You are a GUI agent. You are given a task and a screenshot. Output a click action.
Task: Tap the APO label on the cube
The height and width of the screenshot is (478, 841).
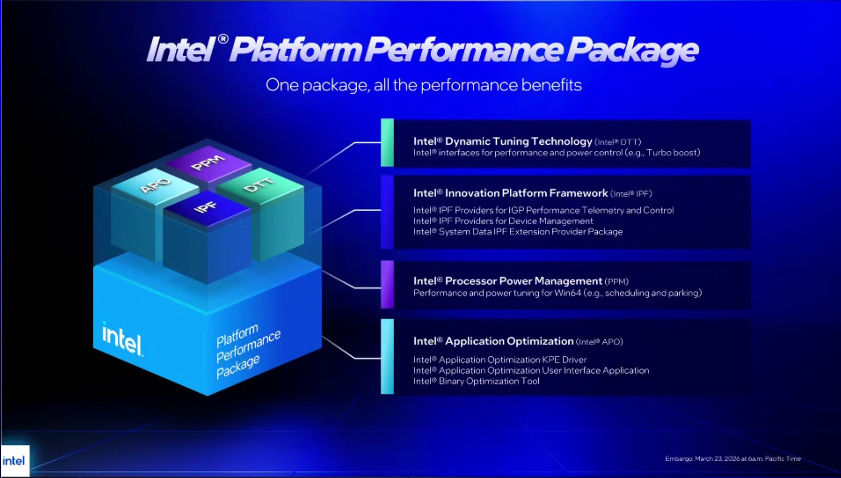(x=155, y=185)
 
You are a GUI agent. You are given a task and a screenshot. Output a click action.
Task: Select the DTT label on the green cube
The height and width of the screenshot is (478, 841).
(x=258, y=184)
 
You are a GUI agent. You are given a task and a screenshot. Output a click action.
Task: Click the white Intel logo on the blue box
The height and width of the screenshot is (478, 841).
(x=122, y=339)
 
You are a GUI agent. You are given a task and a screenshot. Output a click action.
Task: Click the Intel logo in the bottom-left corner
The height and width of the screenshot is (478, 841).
(x=14, y=461)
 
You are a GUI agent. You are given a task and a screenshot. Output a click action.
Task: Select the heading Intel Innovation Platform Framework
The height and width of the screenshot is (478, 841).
(x=510, y=193)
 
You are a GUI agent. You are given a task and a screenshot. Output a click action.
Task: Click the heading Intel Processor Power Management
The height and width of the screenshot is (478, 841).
(x=508, y=281)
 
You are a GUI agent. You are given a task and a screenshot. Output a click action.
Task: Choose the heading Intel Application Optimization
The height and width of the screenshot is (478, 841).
(x=493, y=341)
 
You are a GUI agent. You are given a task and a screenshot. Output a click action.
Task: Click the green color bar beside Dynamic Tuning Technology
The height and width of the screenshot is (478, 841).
(x=387, y=142)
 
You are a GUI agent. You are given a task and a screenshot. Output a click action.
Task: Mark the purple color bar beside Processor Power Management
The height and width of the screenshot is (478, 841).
(x=387, y=284)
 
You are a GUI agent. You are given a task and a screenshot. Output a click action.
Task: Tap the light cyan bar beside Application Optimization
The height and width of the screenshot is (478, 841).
(x=387, y=356)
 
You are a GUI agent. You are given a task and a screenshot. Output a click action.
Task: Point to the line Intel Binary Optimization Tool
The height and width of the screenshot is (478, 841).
(x=476, y=381)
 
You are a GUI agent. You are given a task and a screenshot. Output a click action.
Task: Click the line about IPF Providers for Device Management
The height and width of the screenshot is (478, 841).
(x=503, y=221)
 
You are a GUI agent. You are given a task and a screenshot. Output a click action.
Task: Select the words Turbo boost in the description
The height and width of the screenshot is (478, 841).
(x=673, y=153)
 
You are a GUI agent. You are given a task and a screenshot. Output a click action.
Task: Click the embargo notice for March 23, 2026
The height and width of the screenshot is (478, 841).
(x=733, y=458)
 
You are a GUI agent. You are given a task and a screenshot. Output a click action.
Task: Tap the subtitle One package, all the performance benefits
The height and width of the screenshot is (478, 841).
(x=424, y=85)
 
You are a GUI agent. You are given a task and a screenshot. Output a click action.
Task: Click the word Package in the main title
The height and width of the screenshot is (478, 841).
(x=632, y=50)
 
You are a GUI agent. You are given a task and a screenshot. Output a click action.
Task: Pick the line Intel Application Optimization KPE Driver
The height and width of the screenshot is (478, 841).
(x=500, y=359)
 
